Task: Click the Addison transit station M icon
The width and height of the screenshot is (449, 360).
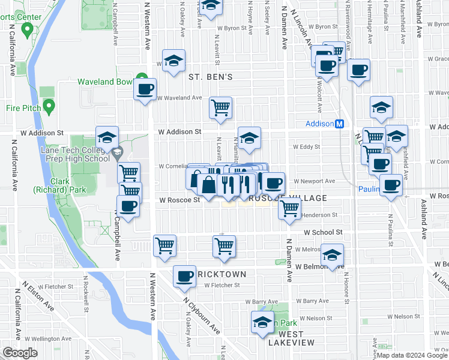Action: [339, 124]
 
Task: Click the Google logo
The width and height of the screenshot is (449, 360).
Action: [20, 353]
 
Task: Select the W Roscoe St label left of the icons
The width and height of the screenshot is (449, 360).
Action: [179, 200]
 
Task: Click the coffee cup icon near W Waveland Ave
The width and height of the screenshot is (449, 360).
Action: [145, 90]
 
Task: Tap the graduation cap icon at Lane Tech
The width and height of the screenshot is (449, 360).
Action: [107, 137]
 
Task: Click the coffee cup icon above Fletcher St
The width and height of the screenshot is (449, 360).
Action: [184, 276]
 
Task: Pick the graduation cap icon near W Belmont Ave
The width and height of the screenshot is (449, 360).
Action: [332, 254]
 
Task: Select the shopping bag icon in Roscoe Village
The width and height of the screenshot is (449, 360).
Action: [208, 184]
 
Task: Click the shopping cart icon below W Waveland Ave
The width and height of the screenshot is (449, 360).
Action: [220, 108]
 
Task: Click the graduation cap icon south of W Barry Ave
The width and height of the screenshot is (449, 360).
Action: [262, 323]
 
